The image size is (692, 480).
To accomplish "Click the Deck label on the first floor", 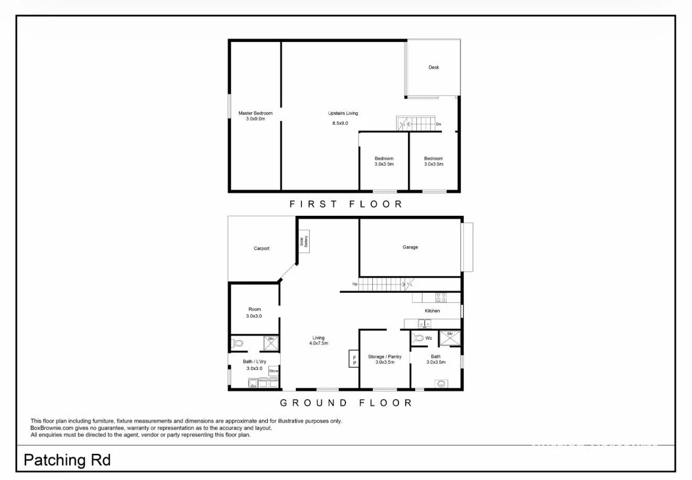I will click(434, 67).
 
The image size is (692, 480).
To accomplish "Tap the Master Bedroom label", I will click(255, 113).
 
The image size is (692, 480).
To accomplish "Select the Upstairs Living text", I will click(343, 113).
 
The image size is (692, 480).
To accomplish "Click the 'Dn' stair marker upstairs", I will click(439, 124).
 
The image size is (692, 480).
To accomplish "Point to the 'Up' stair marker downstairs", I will click(355, 284).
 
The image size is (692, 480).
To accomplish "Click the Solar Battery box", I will click(304, 241).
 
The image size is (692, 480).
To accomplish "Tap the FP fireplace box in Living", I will click(354, 359).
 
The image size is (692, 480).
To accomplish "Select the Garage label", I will click(410, 247).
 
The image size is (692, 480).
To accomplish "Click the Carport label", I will click(262, 248).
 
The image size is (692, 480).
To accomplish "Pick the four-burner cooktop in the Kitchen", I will click(441, 298).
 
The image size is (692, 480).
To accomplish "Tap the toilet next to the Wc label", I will click(418, 338).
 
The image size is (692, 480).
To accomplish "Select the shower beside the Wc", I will click(449, 338).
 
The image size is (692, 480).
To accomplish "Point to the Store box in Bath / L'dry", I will click(273, 370).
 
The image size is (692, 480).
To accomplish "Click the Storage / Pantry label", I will click(385, 357).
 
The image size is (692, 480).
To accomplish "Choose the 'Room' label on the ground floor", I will click(254, 309).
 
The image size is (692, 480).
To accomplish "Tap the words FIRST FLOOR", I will click(346, 204).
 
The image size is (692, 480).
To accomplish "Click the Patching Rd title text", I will click(67, 461).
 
